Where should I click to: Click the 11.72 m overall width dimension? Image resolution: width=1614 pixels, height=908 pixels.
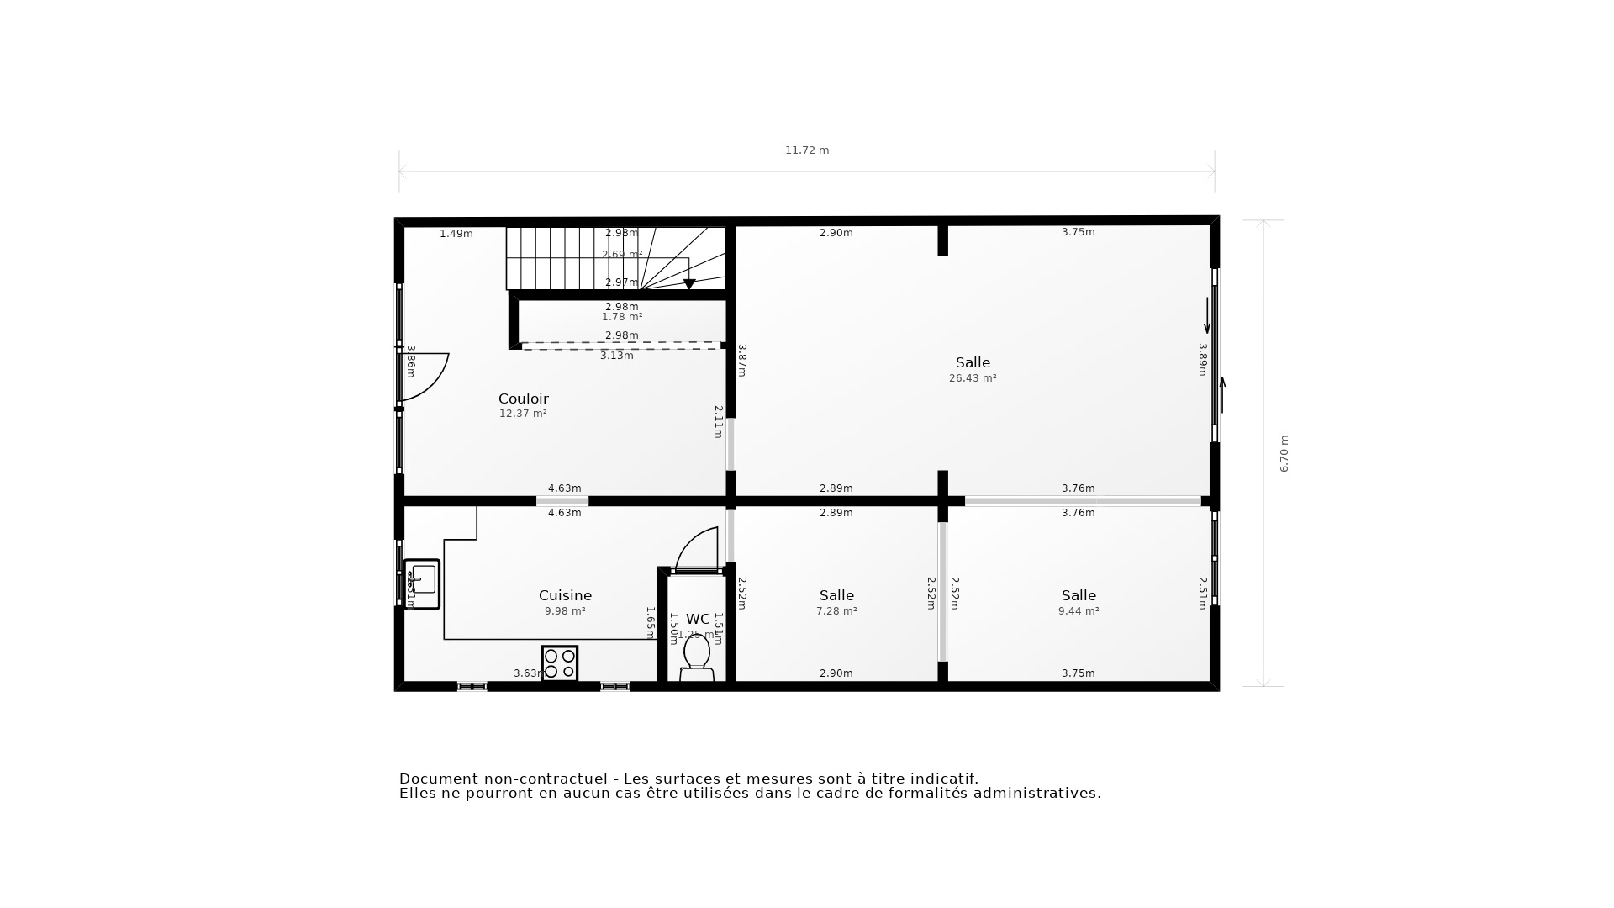point(807,150)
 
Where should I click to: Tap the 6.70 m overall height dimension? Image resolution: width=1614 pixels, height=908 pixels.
point(1284,453)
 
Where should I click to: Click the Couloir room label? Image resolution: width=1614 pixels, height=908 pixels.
point(523,399)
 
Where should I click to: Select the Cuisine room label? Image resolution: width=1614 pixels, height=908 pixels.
point(565,595)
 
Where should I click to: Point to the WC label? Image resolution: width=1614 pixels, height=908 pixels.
point(698,619)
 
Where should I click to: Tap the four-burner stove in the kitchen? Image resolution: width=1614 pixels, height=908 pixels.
point(560,663)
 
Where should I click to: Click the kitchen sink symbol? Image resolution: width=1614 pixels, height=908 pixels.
point(422,583)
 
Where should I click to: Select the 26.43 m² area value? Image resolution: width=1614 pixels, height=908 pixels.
point(973,378)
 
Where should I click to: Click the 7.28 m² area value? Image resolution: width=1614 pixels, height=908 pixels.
point(836,611)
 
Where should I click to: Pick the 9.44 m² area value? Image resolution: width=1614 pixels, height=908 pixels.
point(1079,611)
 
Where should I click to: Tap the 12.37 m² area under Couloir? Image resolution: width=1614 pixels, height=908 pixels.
point(523,414)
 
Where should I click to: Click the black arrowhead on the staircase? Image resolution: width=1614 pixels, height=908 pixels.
point(689,284)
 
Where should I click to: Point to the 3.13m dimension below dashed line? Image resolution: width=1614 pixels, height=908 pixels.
point(616,356)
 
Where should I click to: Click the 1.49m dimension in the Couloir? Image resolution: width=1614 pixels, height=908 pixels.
point(456,234)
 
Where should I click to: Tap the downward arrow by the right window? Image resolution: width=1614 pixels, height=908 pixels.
point(1207,316)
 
